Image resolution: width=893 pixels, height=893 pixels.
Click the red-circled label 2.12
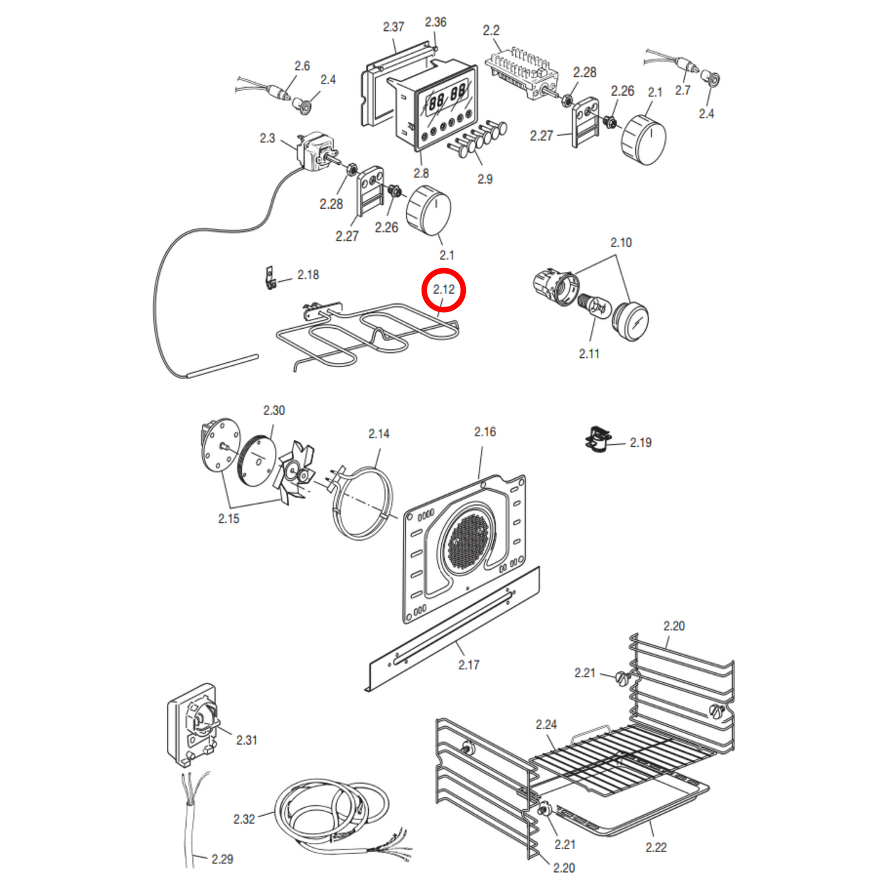(444, 289)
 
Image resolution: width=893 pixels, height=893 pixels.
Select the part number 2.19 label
(640, 442)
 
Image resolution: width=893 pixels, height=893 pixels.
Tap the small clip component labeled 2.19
(598, 439)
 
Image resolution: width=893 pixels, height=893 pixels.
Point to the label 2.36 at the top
(435, 22)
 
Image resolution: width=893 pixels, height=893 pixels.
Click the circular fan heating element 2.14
(363, 503)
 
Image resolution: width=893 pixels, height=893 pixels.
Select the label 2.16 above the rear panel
(485, 432)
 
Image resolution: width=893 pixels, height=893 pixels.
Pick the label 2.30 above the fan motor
(274, 410)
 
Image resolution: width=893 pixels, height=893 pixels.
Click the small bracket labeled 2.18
(270, 278)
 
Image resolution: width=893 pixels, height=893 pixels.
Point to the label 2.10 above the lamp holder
(621, 242)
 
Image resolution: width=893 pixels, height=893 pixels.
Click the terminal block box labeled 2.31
(192, 723)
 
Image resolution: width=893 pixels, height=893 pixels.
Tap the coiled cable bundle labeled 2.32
(331, 810)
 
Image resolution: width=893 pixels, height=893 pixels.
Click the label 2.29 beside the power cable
(222, 859)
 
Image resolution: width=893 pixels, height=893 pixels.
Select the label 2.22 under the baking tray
(656, 847)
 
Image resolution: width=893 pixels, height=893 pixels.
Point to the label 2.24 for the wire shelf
(546, 724)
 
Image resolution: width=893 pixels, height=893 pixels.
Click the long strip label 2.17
(468, 665)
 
